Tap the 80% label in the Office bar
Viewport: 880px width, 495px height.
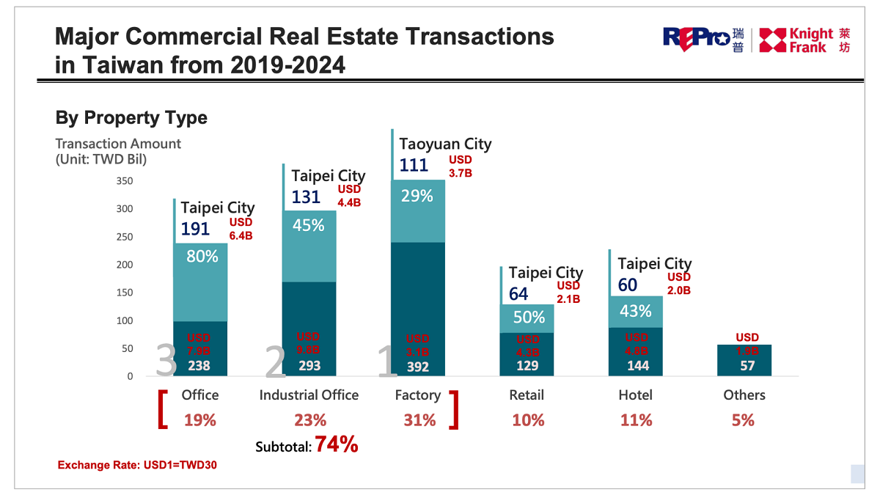[x=202, y=257]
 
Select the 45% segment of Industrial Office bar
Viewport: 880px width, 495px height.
[x=309, y=225]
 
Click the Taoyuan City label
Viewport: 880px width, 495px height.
[x=445, y=144]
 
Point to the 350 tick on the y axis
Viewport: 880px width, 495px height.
[x=124, y=181]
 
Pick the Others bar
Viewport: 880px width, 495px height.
[x=744, y=359]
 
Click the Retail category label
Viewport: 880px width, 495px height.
[x=527, y=395]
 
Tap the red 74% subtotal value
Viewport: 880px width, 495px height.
[x=337, y=444]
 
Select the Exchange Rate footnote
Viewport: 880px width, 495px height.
[x=137, y=465]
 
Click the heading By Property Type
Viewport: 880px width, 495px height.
[x=131, y=117]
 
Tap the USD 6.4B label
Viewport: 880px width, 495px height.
[x=241, y=229]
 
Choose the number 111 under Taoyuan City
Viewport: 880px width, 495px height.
[x=414, y=165]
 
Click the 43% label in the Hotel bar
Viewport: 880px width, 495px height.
[x=635, y=311]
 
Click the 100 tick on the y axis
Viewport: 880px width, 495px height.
[x=124, y=320]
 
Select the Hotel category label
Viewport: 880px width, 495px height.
[x=635, y=395]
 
